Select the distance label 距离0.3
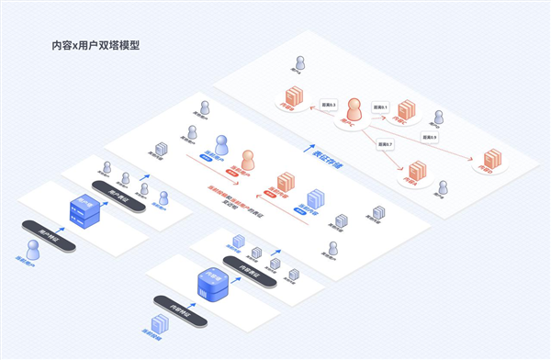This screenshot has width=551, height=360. (x=328, y=104)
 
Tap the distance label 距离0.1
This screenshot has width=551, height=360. (x=380, y=108)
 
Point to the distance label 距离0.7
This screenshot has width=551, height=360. (x=384, y=144)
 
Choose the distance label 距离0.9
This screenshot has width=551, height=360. (x=429, y=137)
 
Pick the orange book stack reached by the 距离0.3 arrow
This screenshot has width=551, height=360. (x=294, y=96)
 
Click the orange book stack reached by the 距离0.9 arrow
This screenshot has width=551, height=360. (x=490, y=159)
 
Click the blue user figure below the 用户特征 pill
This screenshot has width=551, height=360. (x=34, y=251)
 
